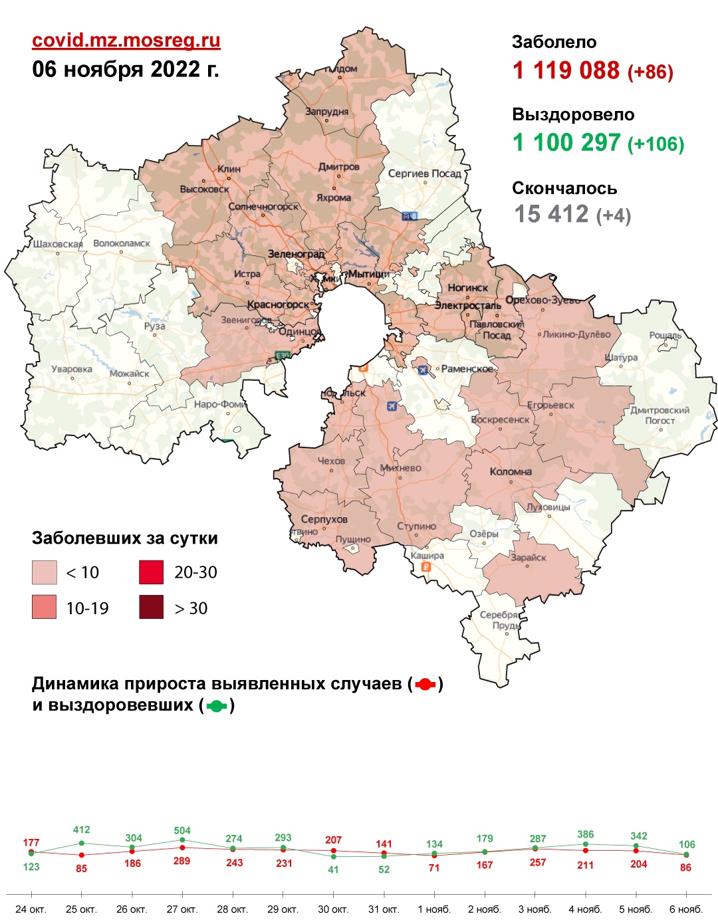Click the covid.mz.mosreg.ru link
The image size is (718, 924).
point(126,41)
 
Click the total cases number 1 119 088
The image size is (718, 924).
point(566,70)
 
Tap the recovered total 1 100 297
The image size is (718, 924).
point(566,143)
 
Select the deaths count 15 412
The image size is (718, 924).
point(551,214)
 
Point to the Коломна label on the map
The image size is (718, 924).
point(511,471)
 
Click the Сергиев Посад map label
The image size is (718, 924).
point(424,173)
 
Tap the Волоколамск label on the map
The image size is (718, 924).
point(122,243)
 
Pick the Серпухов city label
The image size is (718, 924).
point(324,519)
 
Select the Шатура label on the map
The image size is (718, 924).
point(621,358)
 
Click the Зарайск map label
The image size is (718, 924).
point(528,558)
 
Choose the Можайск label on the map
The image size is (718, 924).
point(129,374)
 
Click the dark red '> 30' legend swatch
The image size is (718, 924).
point(151,607)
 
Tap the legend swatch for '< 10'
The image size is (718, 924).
point(45,572)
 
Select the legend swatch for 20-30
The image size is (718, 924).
point(151,572)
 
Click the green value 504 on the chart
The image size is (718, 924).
point(182,830)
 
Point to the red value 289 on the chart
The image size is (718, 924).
point(182,861)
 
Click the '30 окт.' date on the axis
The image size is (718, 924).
point(333,909)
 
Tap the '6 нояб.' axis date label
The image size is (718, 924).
point(686,909)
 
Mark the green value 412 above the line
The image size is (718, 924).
point(81,830)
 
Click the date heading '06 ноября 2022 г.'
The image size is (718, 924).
point(126,69)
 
